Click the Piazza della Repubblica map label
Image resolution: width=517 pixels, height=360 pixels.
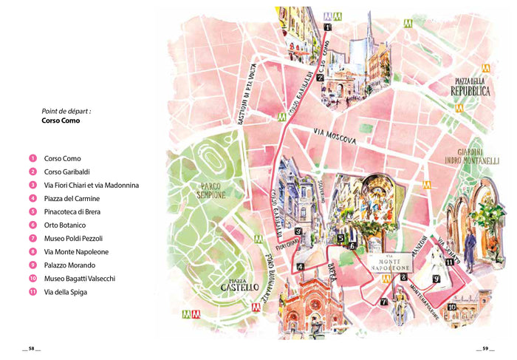(x=472, y=86)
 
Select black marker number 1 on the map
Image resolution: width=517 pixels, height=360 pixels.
(x=327, y=27)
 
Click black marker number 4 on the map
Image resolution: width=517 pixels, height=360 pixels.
(x=299, y=268)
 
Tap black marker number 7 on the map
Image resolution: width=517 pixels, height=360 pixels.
(x=384, y=302)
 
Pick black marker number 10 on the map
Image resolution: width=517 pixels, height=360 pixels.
(x=451, y=307)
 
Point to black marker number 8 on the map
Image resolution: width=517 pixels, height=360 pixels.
(x=403, y=278)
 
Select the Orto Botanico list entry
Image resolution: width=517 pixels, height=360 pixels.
(x=66, y=225)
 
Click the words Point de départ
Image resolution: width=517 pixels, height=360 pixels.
(x=71, y=111)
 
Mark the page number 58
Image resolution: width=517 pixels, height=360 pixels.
(x=31, y=349)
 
